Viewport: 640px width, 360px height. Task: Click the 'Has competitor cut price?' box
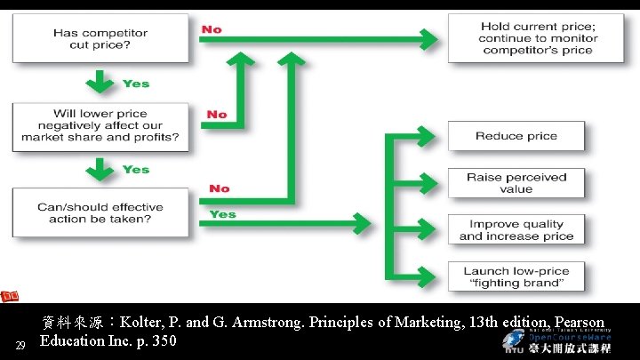[100, 39]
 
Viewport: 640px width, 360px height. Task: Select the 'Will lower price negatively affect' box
[100, 125]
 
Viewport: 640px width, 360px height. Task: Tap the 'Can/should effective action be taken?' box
[100, 212]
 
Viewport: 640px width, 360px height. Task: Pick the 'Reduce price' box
[516, 136]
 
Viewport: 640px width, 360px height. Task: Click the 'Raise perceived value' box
[516, 183]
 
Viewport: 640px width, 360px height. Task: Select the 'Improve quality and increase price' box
[516, 230]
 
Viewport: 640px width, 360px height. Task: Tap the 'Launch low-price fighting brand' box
[516, 276]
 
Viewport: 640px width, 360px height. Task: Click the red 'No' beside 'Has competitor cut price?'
[212, 29]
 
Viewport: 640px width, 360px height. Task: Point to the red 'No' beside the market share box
[217, 115]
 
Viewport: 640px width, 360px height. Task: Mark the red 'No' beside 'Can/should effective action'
[219, 188]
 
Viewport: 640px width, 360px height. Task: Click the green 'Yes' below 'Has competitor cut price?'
[136, 84]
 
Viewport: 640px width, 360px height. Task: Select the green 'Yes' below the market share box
[136, 170]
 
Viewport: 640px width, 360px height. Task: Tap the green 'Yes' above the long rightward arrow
[222, 214]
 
